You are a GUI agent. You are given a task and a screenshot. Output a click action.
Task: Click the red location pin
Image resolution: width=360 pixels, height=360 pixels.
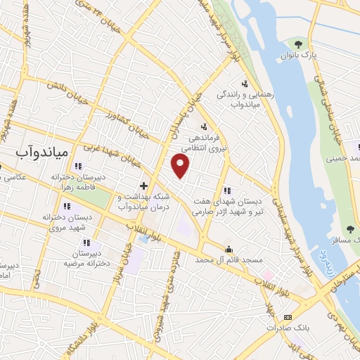tap(181, 166)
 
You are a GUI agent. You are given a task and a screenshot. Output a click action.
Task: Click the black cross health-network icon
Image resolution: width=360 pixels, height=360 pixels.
tap(143, 186)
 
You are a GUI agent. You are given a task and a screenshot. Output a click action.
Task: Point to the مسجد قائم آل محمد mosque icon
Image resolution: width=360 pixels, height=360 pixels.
tap(229, 250)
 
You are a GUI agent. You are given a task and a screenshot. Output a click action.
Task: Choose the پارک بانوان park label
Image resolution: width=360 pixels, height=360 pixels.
tap(295, 54)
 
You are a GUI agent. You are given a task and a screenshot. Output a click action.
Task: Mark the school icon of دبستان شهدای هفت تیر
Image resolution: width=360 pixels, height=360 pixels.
tap(226, 191)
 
